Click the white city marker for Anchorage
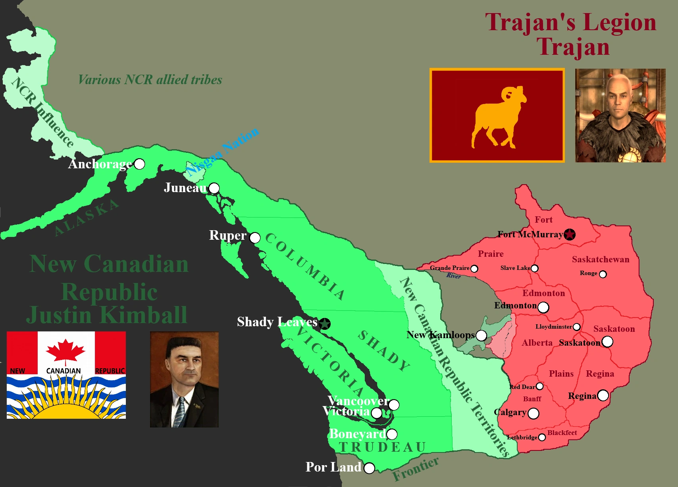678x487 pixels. point(139,164)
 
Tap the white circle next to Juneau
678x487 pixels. point(214,188)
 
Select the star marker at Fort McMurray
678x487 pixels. point(570,235)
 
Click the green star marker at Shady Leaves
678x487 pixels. point(325,324)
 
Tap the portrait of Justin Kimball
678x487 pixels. point(184,379)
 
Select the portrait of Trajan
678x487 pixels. point(620,115)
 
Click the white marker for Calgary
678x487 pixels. point(534,414)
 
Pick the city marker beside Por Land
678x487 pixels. point(369,468)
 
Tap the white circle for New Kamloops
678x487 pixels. point(481,335)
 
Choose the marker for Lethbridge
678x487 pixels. point(542,437)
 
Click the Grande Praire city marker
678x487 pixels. point(474,269)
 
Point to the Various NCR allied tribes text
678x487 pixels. point(150,80)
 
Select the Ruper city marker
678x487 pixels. point(255,238)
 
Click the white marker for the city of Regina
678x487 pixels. point(603,395)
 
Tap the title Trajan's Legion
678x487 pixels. point(570,22)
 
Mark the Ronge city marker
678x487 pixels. point(603,274)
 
